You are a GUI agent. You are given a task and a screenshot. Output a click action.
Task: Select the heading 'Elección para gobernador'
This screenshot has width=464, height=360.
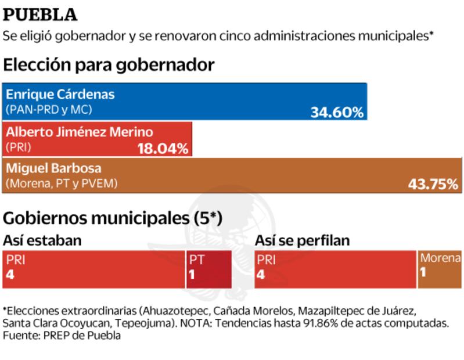(109, 65)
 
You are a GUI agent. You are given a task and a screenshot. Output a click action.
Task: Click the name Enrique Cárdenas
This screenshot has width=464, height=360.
(52, 94)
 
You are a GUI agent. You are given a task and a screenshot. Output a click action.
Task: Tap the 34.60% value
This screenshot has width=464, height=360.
(337, 111)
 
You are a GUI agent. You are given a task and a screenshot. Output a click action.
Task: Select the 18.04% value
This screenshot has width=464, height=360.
(163, 149)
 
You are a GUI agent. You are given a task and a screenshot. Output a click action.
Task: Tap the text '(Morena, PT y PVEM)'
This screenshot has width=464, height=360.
(62, 183)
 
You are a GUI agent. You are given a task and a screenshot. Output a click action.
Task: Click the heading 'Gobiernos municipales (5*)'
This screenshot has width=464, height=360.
(113, 218)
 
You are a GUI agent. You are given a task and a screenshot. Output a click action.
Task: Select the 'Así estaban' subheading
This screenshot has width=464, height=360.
(42, 240)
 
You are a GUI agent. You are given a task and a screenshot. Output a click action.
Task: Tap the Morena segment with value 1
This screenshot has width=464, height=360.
(439, 269)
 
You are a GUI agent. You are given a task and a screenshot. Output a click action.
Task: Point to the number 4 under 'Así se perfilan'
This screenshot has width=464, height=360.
(261, 274)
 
